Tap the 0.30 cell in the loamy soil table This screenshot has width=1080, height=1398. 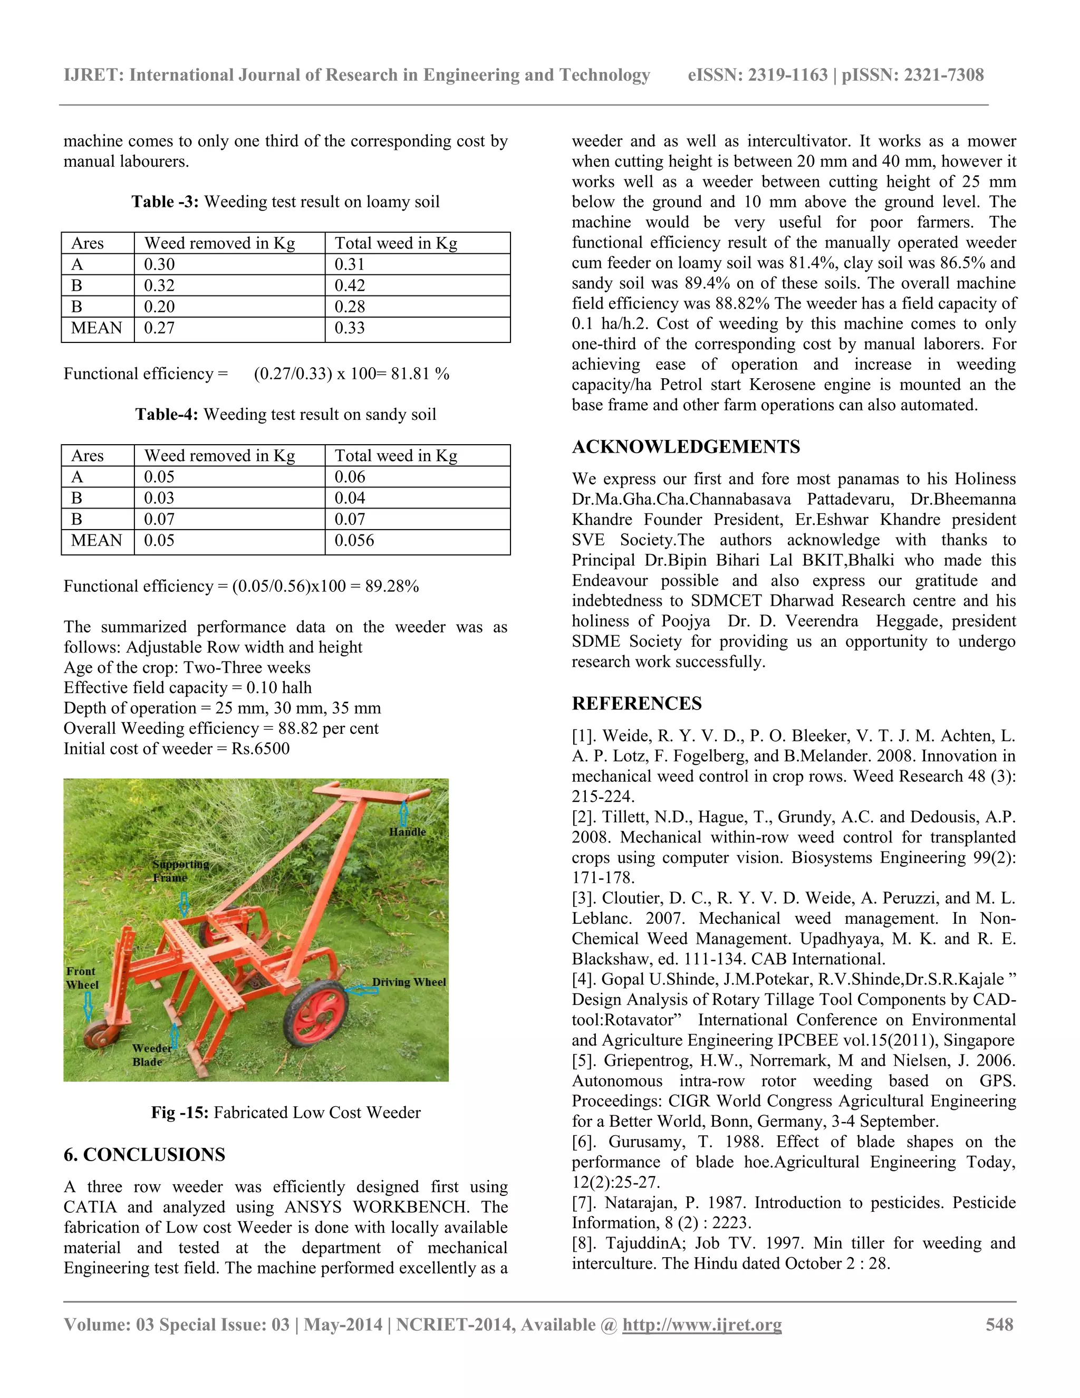click(159, 264)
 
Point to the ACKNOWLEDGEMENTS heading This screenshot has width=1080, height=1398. click(686, 447)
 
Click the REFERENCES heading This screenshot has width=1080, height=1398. click(637, 703)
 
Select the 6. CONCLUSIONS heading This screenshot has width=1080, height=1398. click(144, 1155)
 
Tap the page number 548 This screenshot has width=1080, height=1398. click(999, 1324)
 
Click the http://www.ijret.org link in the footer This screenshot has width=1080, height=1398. click(702, 1324)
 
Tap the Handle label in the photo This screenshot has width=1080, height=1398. click(407, 831)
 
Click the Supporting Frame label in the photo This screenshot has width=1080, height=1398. click(179, 870)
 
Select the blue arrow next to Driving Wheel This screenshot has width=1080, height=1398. click(361, 990)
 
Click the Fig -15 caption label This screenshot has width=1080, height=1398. click(180, 1113)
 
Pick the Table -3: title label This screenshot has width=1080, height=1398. click(165, 202)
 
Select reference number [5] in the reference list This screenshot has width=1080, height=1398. click(585, 1061)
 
